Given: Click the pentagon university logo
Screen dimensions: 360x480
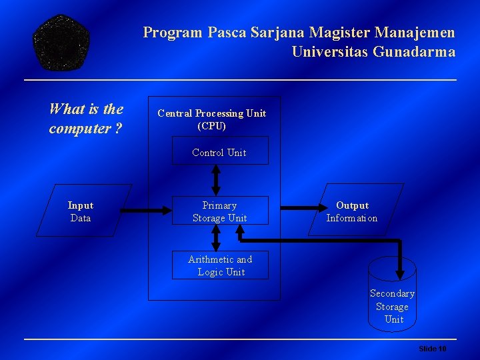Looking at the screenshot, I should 62,43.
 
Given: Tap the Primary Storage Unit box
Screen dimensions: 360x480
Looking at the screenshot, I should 220,211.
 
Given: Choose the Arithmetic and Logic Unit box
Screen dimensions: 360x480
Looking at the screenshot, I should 220,265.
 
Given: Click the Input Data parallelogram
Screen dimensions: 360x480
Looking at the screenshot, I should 81,211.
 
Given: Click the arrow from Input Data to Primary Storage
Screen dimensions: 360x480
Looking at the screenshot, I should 133,211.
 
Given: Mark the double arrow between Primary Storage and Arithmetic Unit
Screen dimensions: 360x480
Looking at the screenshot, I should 216,238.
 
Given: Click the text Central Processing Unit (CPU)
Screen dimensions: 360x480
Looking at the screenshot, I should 212,119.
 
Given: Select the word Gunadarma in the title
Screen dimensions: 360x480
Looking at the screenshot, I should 413,52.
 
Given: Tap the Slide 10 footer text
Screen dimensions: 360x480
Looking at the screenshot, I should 432,349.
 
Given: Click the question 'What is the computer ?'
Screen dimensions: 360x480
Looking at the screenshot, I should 86,118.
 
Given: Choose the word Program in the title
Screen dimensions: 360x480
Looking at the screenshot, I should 173,32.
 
